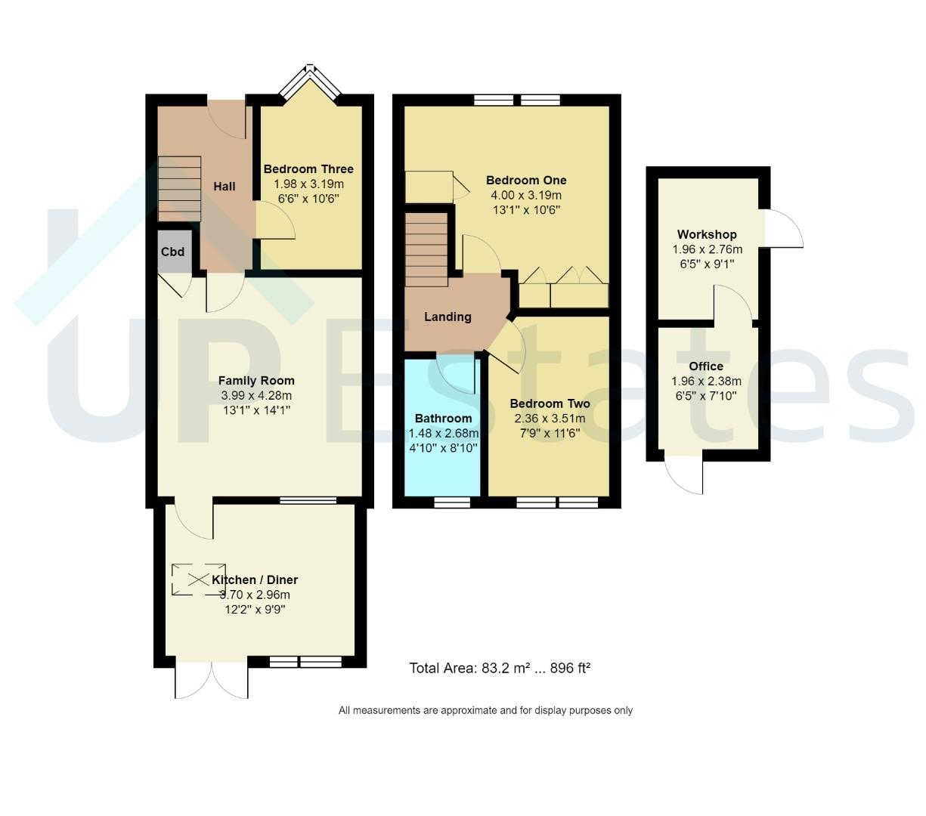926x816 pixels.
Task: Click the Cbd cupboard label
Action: click(x=172, y=252)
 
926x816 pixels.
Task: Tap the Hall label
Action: click(x=224, y=187)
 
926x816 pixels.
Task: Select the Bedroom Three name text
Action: click(x=308, y=169)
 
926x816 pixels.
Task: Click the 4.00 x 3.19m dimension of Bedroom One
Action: click(x=526, y=195)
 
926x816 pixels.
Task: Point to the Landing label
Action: click(x=448, y=317)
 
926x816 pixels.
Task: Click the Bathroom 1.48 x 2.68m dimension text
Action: click(x=443, y=433)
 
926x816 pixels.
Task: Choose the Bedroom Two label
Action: click(x=550, y=403)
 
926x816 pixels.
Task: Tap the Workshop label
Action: click(x=707, y=234)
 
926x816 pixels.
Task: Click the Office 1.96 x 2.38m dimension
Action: click(x=706, y=381)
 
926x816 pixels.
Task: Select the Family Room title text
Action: click(x=256, y=381)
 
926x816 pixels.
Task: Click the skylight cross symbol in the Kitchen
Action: click(x=198, y=580)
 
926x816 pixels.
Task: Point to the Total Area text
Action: click(x=500, y=668)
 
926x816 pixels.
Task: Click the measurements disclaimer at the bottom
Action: click(x=485, y=710)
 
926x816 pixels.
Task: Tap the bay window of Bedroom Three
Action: click(x=311, y=82)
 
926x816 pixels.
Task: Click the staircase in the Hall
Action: click(x=180, y=189)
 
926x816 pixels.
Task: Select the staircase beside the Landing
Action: click(x=426, y=249)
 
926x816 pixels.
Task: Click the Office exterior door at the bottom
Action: click(x=683, y=474)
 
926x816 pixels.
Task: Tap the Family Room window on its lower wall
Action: click(x=308, y=500)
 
